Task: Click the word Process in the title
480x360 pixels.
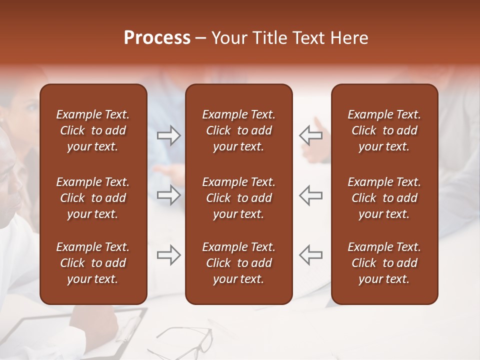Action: coord(157,38)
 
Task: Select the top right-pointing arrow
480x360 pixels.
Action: coord(168,135)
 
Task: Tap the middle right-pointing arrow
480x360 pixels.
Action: coord(168,194)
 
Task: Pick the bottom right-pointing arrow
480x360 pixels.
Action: coord(168,255)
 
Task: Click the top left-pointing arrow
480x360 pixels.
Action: coord(310,135)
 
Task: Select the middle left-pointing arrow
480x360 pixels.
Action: coord(310,194)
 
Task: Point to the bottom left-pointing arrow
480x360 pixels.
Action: coord(310,255)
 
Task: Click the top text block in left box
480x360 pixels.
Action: coord(93,130)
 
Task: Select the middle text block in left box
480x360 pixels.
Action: coord(93,198)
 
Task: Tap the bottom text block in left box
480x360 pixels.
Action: coord(93,263)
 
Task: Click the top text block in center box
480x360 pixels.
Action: coord(238,130)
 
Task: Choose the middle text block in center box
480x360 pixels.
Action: coord(238,198)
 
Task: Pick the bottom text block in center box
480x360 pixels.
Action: coord(238,263)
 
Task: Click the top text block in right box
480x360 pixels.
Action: coord(384,130)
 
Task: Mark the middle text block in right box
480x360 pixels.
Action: coord(384,198)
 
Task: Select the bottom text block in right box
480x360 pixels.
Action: coord(384,263)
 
